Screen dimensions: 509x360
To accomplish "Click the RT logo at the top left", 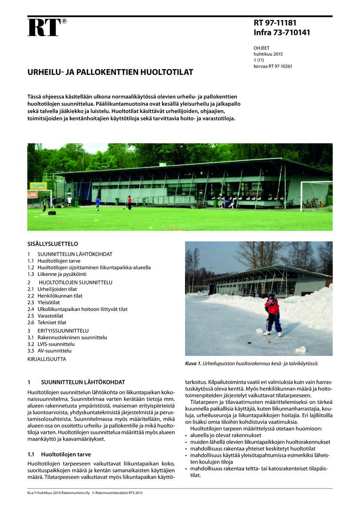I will pos(44,27).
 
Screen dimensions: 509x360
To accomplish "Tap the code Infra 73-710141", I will pos(282,32).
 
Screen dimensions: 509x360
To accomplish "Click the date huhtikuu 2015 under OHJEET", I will pos(268,54).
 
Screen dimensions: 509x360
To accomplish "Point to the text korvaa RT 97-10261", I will pos(273,66).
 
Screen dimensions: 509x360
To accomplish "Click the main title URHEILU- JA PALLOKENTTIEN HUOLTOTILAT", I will pos(110,72).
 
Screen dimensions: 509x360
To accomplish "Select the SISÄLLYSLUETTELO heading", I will pos(53,244).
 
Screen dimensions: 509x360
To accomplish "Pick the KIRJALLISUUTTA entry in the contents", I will pos(47,359).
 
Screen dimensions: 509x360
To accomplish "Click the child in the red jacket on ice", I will pos(273,313).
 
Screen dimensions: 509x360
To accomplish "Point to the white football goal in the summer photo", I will pos(316,196).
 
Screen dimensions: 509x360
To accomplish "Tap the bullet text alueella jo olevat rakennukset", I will pos(225,435).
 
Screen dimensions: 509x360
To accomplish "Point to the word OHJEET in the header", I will pos(262,48).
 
